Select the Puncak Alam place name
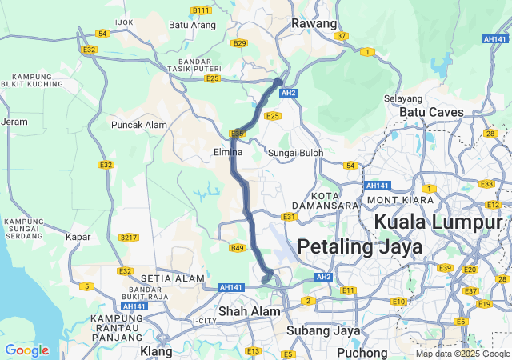139,125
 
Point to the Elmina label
228,151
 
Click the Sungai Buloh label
294,152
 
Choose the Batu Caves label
431,112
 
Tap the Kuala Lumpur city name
439,222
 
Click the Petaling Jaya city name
359,247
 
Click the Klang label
156,351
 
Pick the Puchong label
362,351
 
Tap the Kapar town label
78,238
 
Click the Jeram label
14,122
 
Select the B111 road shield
201,10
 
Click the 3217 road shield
128,238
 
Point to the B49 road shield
237,248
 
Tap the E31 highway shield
289,217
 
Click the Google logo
26,350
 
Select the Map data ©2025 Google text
462,354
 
